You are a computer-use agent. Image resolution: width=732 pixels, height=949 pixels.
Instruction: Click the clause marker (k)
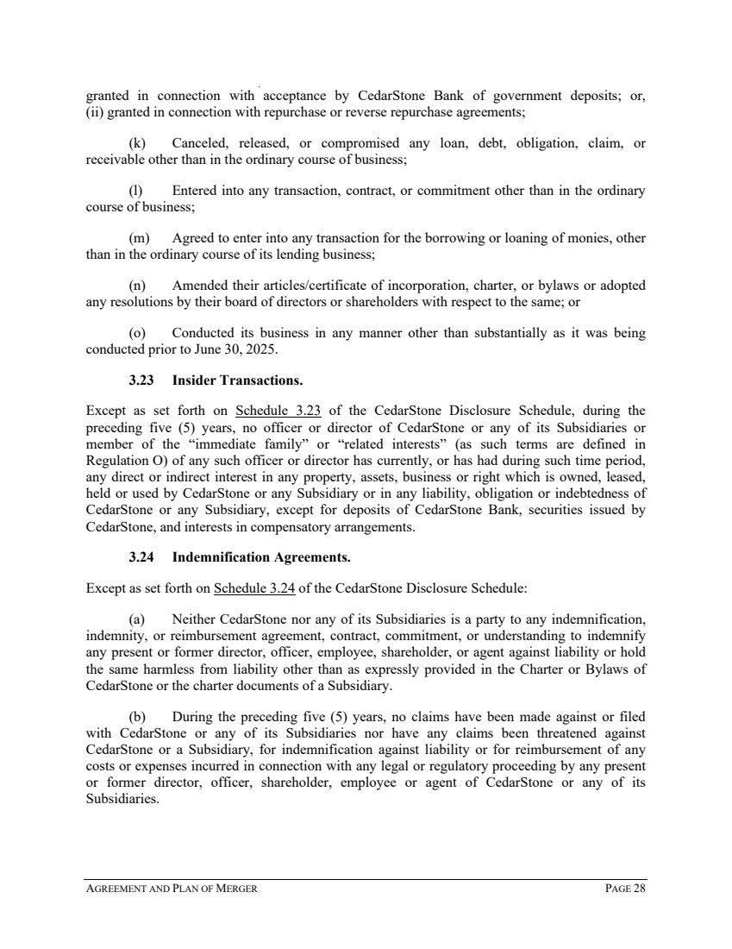tap(136, 142)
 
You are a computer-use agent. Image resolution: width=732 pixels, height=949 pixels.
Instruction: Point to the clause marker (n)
tap(136, 285)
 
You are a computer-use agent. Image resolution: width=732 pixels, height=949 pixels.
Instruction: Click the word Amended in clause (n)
tap(199, 285)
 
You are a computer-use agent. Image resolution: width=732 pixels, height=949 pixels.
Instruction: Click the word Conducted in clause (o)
tap(203, 332)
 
